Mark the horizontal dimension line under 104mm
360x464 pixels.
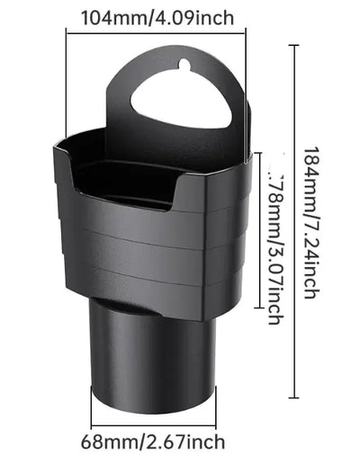click(156, 34)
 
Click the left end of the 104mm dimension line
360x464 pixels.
click(67, 34)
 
